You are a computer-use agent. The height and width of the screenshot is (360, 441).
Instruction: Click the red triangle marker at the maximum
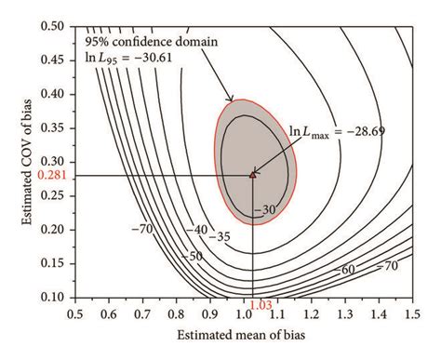(x=253, y=174)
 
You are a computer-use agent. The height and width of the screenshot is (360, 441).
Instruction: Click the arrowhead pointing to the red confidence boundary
(x=229, y=100)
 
